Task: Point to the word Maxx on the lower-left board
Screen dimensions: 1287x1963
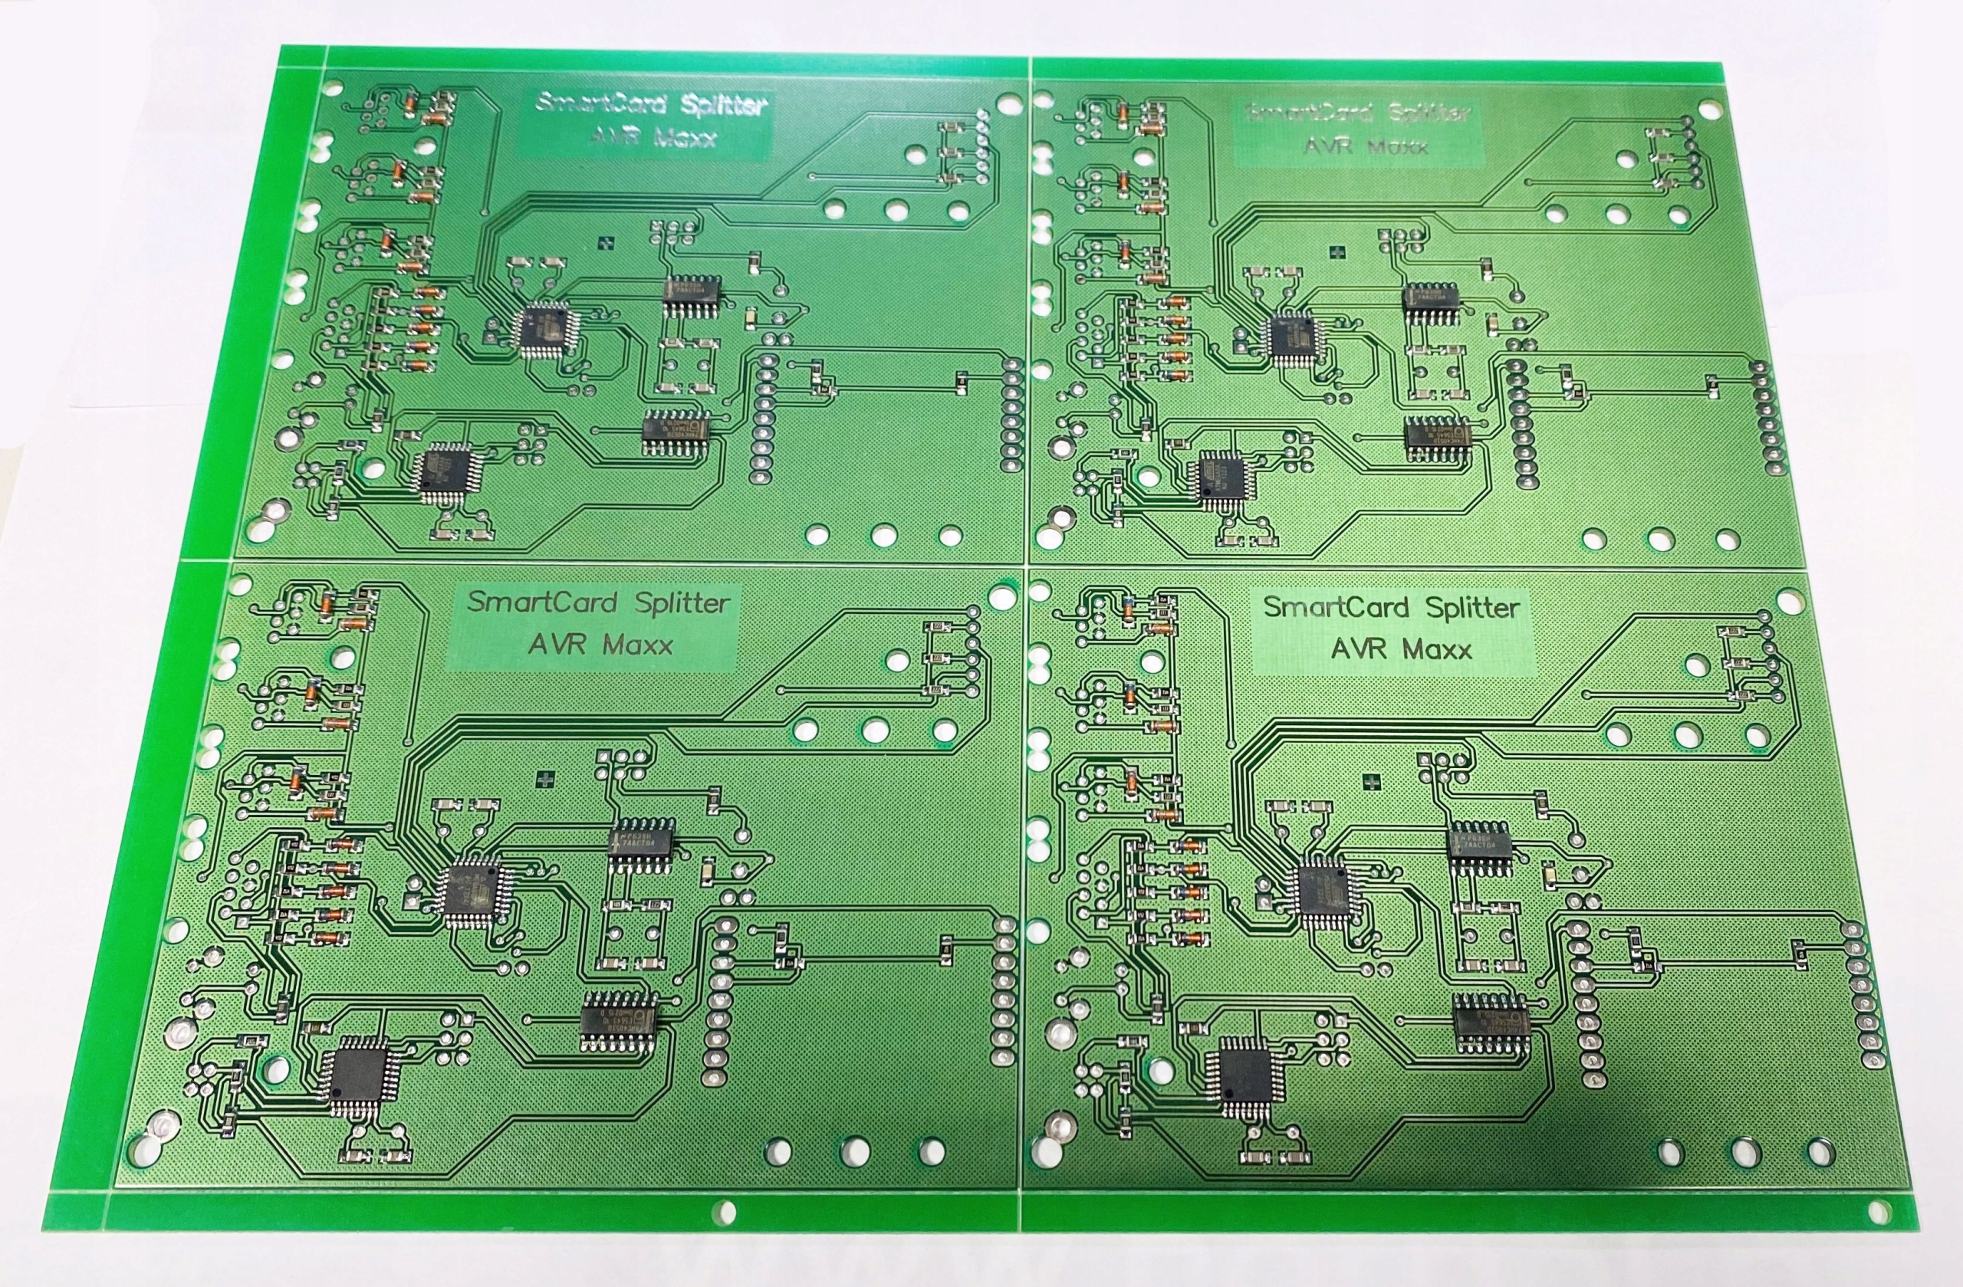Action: click(636, 644)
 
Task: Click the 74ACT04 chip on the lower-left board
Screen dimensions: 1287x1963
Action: click(640, 841)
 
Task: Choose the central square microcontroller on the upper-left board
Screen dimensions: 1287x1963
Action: click(546, 329)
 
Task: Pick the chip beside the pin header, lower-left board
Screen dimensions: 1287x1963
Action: click(620, 1020)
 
